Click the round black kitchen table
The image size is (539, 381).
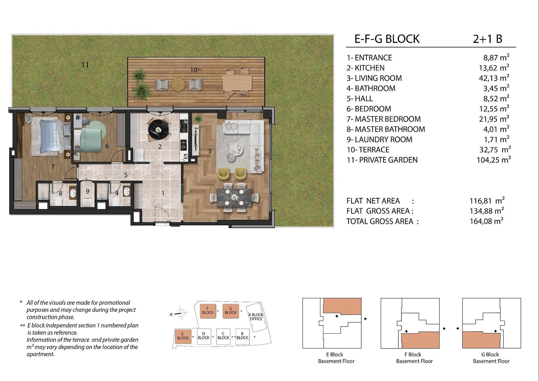(x=159, y=129)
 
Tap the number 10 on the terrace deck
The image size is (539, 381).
(x=194, y=70)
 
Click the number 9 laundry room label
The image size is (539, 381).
(x=88, y=191)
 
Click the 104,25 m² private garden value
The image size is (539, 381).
(x=494, y=160)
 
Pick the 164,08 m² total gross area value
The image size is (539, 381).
(x=487, y=221)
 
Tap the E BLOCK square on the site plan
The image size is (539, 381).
(x=183, y=336)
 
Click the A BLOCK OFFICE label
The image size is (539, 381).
(x=256, y=317)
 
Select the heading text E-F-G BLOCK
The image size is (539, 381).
(x=387, y=39)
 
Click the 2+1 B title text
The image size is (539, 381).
(x=487, y=39)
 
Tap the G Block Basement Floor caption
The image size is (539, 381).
(x=491, y=358)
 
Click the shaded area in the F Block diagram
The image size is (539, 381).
(x=420, y=340)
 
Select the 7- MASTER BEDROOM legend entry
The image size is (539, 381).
(x=383, y=119)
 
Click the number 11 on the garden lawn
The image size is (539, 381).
(x=85, y=65)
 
